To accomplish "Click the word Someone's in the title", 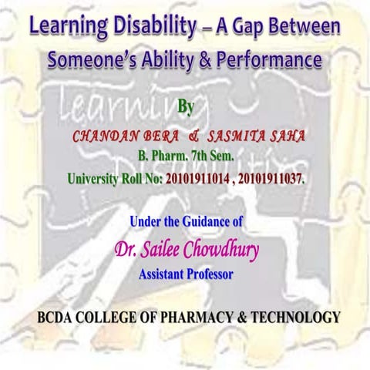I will (88, 59).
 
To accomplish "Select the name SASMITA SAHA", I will (257, 136).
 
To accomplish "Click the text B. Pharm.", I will (159, 157).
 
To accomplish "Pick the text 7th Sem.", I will (211, 157).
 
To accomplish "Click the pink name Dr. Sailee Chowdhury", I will (186, 249).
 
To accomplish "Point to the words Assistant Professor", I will (186, 273).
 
